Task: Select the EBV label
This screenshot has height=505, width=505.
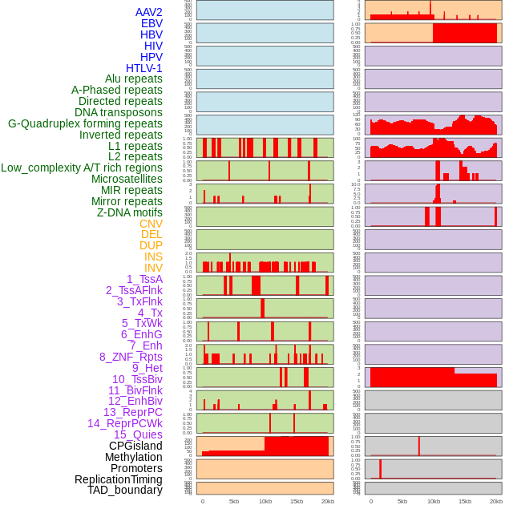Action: pos(151,23)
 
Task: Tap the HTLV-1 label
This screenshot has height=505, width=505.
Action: pos(144,68)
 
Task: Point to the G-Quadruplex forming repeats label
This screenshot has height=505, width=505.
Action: pos(85,123)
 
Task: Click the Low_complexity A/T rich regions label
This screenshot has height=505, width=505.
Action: pos(82,168)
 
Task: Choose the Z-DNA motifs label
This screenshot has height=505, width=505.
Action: pos(130,212)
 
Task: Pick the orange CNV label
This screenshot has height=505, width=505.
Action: pos(151,224)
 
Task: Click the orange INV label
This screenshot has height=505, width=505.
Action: pos(153,268)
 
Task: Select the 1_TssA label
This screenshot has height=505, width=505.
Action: pos(144,279)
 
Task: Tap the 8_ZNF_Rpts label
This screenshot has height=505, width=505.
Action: pos(131,357)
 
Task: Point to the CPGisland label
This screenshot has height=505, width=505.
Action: pos(135,446)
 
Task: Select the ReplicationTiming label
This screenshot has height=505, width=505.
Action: pos(119,479)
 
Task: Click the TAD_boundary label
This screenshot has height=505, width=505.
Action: pos(125,490)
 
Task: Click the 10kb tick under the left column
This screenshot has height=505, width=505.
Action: pos(265,501)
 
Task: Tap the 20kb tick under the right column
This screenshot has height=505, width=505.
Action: pos(496,501)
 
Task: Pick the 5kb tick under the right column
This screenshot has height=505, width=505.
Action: pos(402,501)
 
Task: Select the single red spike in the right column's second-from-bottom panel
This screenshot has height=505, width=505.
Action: pos(381,469)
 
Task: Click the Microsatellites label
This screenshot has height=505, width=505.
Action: pos(127,179)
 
